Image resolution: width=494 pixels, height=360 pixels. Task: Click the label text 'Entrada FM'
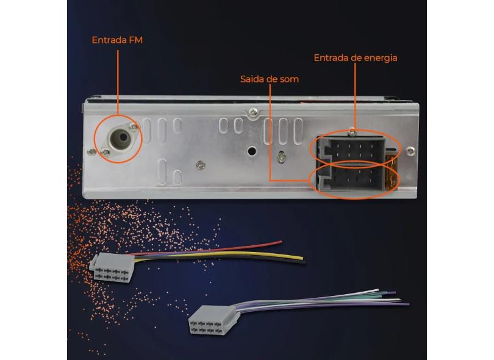[x=117, y=40]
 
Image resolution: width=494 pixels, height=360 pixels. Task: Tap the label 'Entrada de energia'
[x=356, y=58]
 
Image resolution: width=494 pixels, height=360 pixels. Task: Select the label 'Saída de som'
[x=270, y=79]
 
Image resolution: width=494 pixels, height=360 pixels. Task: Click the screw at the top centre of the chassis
[x=252, y=112]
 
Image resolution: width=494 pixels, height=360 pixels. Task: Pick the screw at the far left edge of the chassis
[x=91, y=152]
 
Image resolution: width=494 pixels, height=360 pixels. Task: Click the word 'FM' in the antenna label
[x=136, y=40]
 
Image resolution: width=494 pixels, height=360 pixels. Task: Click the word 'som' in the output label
[x=290, y=79]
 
